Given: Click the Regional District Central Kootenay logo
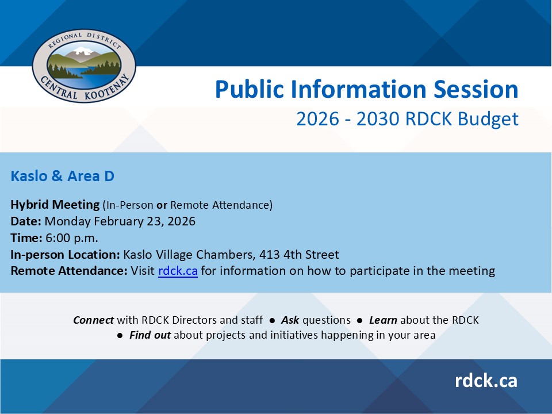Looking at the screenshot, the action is click(84, 66).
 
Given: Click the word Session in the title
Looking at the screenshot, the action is click(476, 89).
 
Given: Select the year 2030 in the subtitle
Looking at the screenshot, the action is click(378, 118).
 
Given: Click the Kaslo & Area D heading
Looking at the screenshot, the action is click(62, 176).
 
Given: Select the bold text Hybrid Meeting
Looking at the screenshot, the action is click(55, 205).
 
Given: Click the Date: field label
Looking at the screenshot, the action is click(26, 221).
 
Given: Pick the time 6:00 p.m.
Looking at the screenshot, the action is click(72, 238).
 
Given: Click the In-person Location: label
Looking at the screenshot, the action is click(66, 255).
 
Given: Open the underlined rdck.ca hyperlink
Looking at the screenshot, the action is click(178, 271).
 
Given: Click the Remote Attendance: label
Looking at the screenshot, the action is click(69, 271).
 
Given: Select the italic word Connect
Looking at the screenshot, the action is click(93, 320).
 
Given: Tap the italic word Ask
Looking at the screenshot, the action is click(290, 320).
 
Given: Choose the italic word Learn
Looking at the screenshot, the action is click(383, 320).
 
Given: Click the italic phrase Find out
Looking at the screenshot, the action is click(150, 335).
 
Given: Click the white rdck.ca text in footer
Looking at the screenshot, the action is click(486, 381).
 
